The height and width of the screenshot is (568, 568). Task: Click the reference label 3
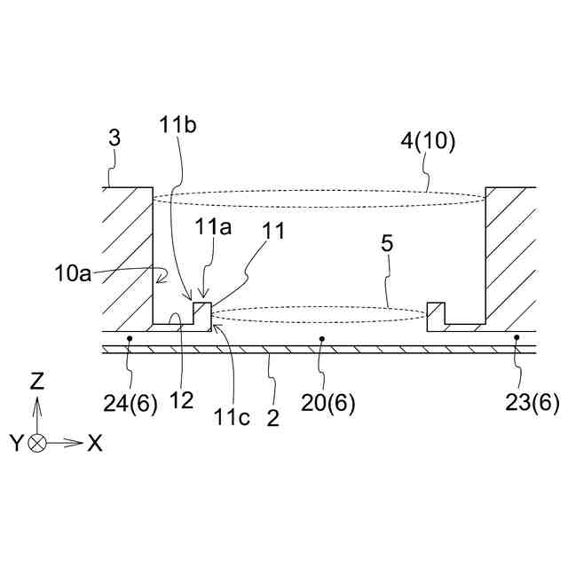click(x=114, y=138)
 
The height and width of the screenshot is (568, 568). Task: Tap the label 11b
click(x=179, y=126)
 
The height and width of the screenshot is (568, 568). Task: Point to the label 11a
click(x=212, y=228)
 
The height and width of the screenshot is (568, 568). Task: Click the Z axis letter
click(x=37, y=383)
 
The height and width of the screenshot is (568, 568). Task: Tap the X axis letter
click(x=94, y=443)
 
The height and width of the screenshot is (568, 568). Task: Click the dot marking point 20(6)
click(x=321, y=338)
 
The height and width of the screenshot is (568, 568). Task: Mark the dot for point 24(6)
click(x=130, y=338)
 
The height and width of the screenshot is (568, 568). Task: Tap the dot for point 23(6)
click(x=517, y=338)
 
